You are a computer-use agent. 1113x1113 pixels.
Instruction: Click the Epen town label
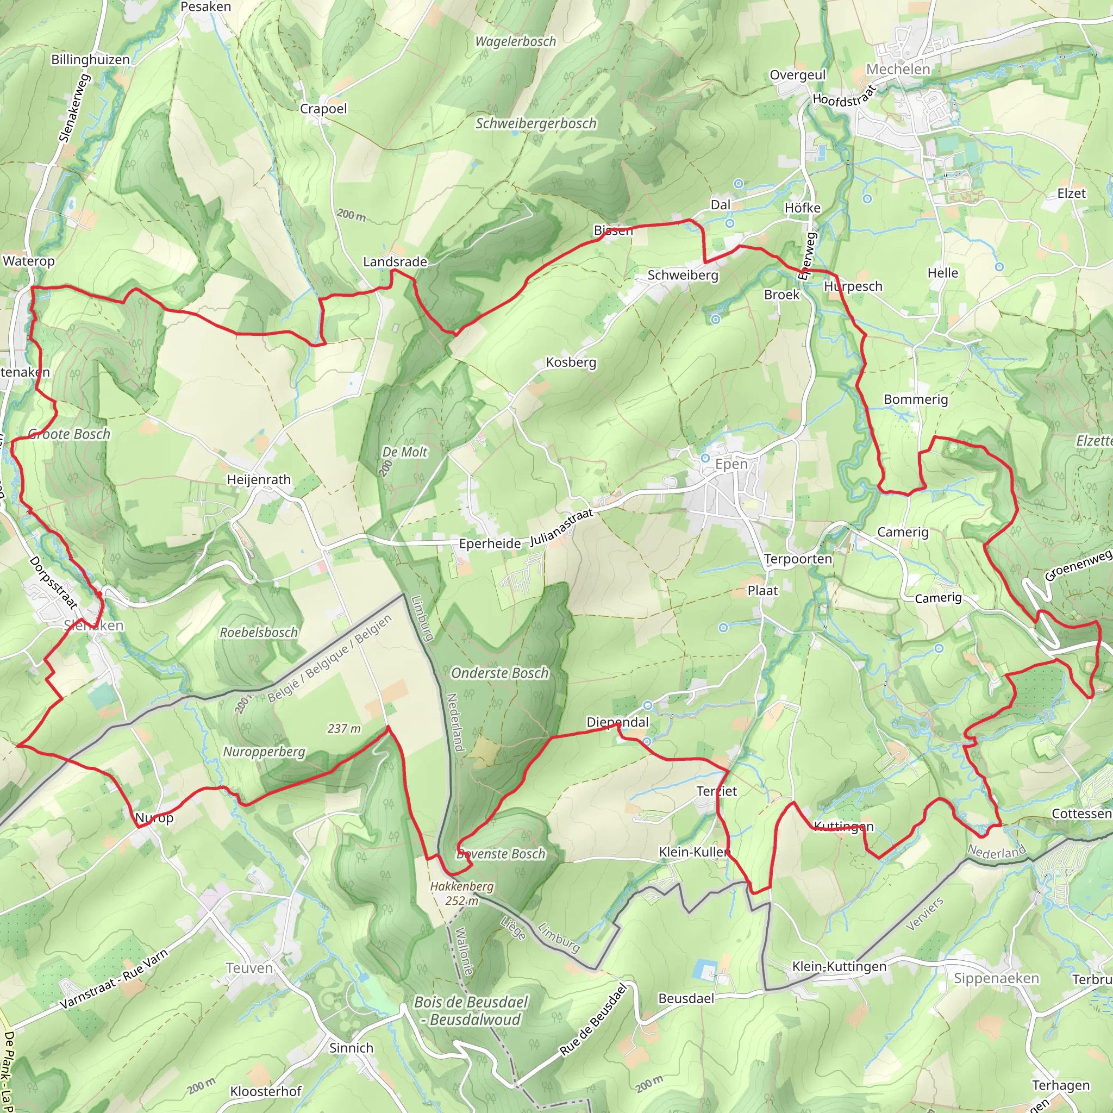click(x=731, y=464)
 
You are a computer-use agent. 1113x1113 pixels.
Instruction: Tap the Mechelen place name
click(x=898, y=69)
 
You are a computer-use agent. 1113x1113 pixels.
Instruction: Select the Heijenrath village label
click(x=259, y=479)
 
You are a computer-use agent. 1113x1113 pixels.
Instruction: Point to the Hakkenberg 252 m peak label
click(x=461, y=893)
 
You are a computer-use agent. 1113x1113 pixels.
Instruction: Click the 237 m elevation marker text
click(x=344, y=729)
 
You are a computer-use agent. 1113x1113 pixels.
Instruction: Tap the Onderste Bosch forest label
click(x=499, y=673)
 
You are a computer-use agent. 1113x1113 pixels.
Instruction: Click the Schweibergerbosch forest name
click(x=536, y=123)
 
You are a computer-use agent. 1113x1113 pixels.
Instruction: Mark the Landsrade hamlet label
click(x=395, y=261)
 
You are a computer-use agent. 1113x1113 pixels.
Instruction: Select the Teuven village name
click(x=249, y=968)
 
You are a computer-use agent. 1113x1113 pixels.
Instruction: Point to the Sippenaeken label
click(x=997, y=978)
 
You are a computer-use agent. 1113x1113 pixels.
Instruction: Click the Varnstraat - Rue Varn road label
click(x=114, y=979)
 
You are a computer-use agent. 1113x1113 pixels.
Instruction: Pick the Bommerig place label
click(x=915, y=399)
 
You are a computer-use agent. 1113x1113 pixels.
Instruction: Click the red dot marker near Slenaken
click(x=99, y=594)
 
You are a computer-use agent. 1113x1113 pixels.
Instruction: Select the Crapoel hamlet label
click(x=323, y=109)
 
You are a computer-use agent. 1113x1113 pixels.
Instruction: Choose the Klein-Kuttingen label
click(x=839, y=966)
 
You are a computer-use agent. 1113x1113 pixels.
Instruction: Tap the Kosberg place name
click(x=571, y=362)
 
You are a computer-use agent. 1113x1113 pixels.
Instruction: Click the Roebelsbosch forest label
click(x=259, y=632)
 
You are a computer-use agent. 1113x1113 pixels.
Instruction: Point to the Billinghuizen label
click(x=90, y=59)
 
